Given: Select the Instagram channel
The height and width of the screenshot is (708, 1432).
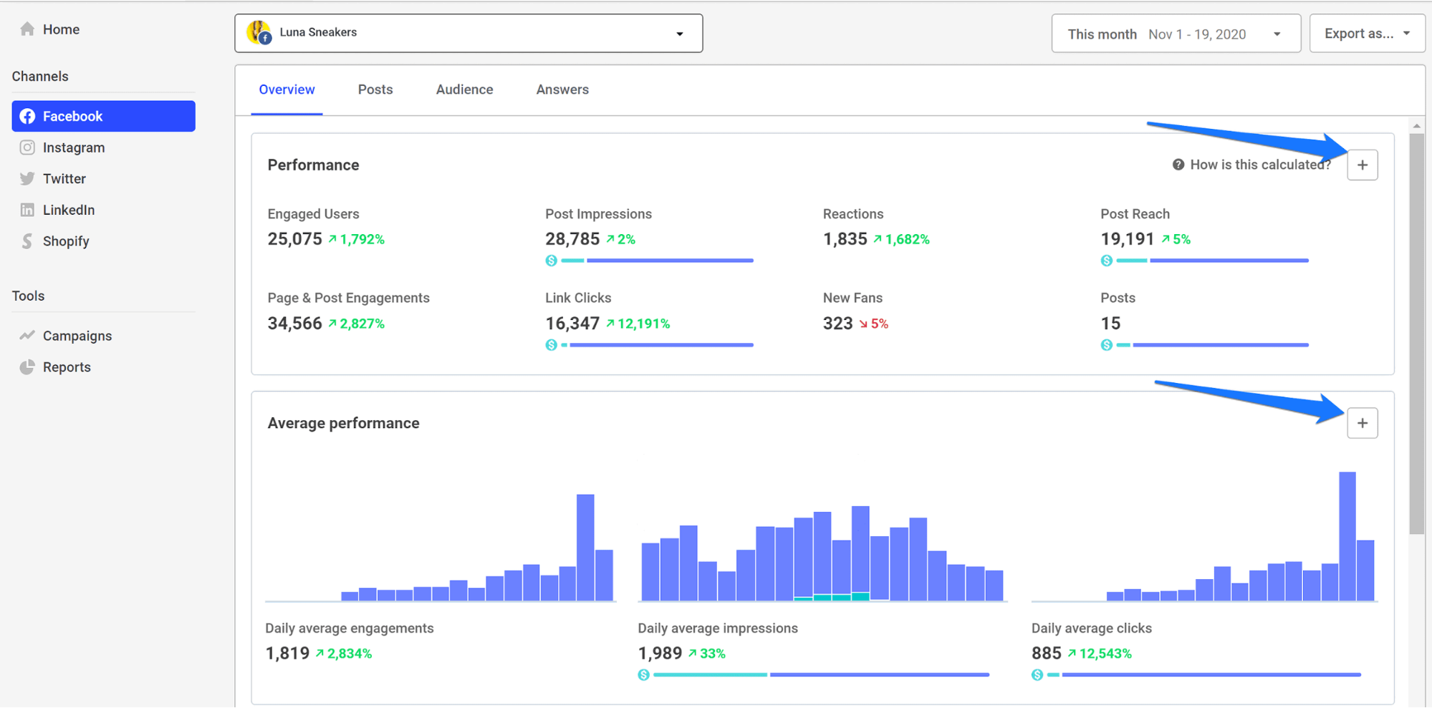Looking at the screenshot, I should tap(73, 147).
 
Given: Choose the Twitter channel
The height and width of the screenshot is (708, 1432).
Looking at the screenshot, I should tap(64, 179).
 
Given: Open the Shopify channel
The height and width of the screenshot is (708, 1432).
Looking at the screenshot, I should tap(65, 241).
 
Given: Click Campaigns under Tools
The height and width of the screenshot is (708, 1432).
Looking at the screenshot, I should tap(77, 336).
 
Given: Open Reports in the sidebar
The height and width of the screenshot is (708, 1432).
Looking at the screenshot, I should tap(66, 367).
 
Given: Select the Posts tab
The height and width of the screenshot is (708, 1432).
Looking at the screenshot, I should tap(375, 89).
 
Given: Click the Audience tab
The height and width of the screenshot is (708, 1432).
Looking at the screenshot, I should tap(464, 89).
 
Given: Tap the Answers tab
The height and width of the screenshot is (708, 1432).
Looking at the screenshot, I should tap(562, 89).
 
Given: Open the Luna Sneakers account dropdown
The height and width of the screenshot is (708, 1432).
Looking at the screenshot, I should tap(468, 33).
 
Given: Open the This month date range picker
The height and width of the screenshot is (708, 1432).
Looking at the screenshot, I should tap(1176, 34).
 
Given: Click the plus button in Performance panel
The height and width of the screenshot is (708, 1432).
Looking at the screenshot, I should tap(1362, 165).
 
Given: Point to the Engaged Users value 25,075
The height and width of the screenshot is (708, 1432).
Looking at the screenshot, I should tap(295, 239).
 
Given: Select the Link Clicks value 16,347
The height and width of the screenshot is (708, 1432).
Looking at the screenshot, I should tap(572, 324).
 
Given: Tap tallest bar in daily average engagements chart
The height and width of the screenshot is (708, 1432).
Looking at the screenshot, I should tap(585, 547).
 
